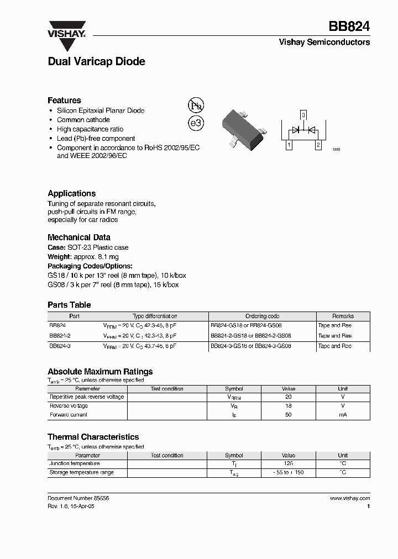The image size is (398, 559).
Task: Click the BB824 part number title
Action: (x=349, y=26)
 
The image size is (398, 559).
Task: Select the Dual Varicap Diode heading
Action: (x=96, y=62)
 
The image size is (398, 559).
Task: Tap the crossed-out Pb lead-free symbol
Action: (x=196, y=106)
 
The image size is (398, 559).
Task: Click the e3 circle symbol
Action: (x=196, y=123)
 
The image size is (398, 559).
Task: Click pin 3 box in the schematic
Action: (x=303, y=115)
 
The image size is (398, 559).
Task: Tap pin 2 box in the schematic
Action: (x=318, y=146)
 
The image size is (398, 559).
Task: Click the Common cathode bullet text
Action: (x=83, y=120)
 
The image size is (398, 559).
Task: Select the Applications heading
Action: (x=71, y=193)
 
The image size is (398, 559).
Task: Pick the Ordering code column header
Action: (x=262, y=316)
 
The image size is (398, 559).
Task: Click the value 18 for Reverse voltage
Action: (x=288, y=405)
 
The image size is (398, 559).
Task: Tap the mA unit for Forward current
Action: (x=343, y=414)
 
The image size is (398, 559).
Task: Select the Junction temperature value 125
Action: (x=288, y=464)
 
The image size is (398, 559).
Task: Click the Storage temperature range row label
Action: (x=81, y=473)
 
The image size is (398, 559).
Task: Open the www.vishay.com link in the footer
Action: (x=350, y=498)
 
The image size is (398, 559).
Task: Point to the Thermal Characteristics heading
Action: (x=93, y=437)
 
